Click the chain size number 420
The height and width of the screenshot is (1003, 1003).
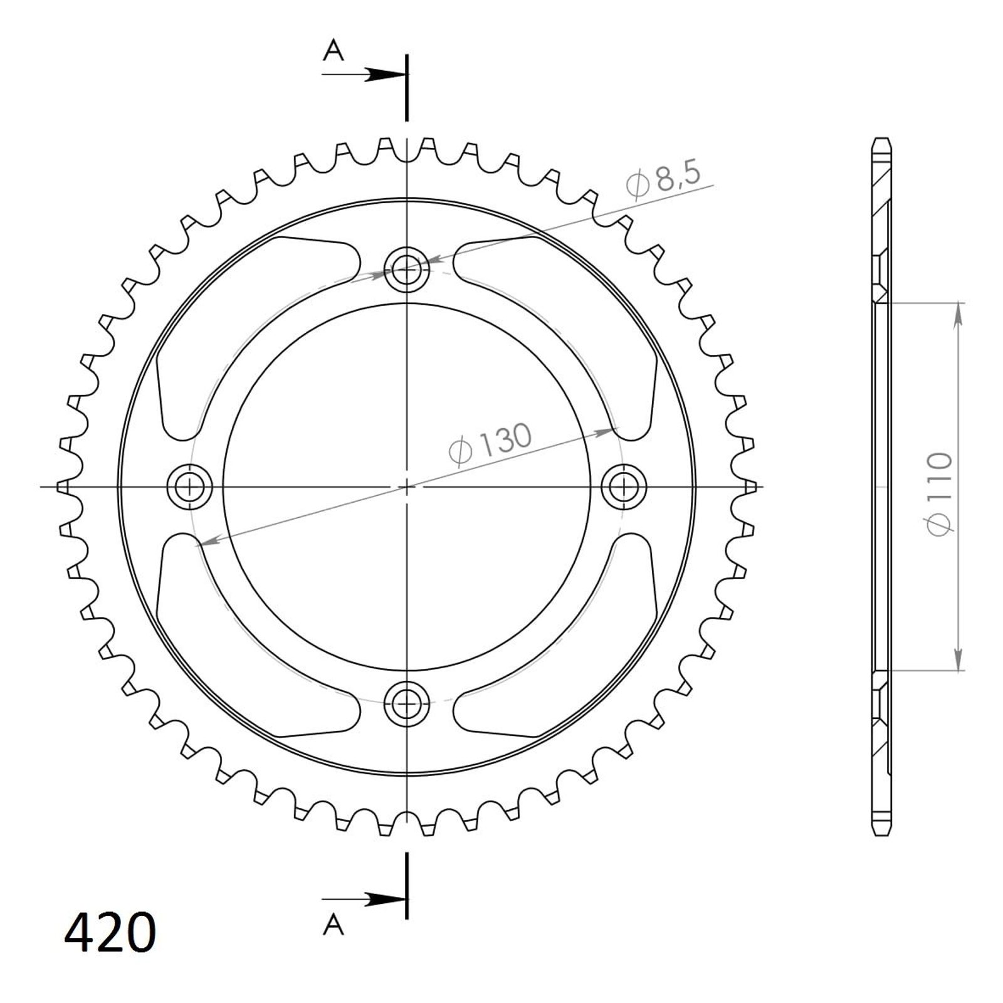point(110,932)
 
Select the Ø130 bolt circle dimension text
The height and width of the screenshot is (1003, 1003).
point(490,443)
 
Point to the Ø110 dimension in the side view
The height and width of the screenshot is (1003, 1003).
point(940,494)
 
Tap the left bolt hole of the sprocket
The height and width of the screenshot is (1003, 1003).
point(190,486)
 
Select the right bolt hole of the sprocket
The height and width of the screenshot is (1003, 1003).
point(624,486)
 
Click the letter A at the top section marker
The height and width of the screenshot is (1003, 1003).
point(333,50)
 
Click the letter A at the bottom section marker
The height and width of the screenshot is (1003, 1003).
point(333,923)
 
